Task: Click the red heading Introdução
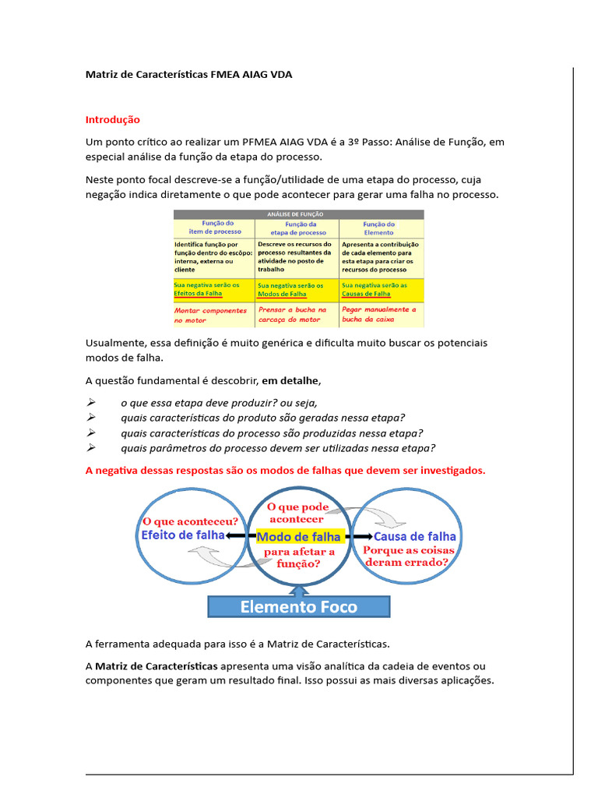pos(112,120)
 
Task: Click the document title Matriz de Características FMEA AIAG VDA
pos(189,74)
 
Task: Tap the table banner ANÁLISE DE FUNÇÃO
pos(299,214)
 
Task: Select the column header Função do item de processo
pos(214,228)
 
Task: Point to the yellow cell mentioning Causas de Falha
pos(381,289)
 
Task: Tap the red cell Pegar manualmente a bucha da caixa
pos(381,315)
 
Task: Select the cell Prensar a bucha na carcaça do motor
pos(297,315)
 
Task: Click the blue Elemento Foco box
pos(299,606)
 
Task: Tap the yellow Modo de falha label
pos(299,537)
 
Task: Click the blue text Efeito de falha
pos(182,535)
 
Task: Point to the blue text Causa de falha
pos(415,537)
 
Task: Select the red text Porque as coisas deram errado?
pos(406,556)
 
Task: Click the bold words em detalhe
pos(290,380)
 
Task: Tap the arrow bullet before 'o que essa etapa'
pos(90,402)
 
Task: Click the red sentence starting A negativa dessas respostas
pos(285,470)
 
